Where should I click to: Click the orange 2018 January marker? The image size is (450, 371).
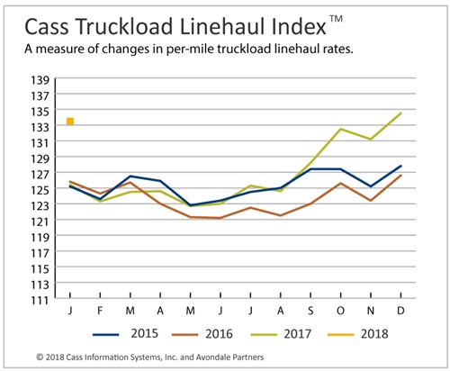(x=70, y=122)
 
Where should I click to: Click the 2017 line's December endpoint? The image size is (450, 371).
(x=400, y=113)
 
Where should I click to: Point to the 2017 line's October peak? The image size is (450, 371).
(x=340, y=129)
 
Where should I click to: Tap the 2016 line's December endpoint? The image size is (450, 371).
(x=400, y=176)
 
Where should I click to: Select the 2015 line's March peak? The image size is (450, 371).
(x=130, y=176)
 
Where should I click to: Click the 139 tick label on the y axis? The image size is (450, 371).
(x=40, y=80)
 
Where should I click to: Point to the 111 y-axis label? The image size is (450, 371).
(x=40, y=300)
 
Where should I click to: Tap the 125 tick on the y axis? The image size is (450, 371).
(x=40, y=190)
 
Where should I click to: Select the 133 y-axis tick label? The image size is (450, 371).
(x=40, y=127)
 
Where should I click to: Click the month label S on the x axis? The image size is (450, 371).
(x=310, y=311)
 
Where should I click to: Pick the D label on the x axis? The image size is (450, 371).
(x=400, y=311)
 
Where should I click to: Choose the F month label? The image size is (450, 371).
(x=100, y=311)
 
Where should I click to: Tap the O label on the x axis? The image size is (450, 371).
(x=340, y=311)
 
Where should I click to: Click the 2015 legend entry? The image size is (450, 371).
(x=125, y=334)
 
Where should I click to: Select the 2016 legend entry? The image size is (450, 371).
(x=202, y=334)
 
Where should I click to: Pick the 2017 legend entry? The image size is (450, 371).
(x=281, y=334)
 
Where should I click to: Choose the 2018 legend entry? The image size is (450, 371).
(x=358, y=334)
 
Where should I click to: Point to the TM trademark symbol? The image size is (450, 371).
(x=336, y=18)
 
